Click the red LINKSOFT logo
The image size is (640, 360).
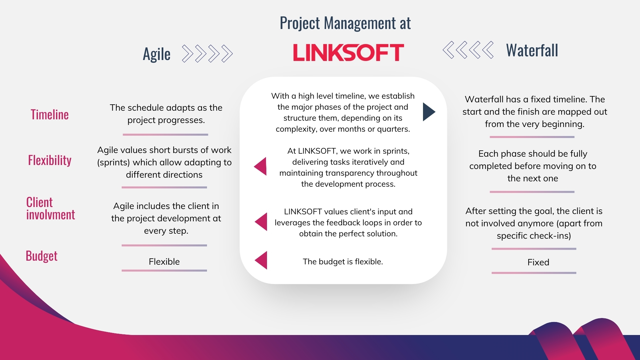(348, 53)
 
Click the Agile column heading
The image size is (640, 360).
(156, 54)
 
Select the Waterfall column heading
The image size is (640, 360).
(532, 50)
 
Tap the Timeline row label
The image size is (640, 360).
(50, 115)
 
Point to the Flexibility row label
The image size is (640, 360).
(50, 160)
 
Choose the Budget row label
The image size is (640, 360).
(42, 256)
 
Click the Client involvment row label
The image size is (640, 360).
(50, 209)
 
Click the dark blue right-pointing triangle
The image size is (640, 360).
(429, 112)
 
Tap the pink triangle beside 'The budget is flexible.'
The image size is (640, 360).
(261, 260)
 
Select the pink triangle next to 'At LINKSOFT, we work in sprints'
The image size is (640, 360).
(261, 166)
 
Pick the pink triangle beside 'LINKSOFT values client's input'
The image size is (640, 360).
(261, 222)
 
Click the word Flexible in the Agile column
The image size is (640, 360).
(164, 262)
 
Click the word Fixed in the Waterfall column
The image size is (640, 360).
(538, 262)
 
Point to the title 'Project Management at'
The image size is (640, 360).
(345, 23)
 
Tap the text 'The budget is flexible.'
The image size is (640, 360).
(343, 262)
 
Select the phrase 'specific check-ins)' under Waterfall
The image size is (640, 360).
(534, 236)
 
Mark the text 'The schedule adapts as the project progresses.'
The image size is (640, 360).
(166, 114)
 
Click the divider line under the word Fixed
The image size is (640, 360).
(534, 273)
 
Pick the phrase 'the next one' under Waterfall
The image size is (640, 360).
(533, 178)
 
